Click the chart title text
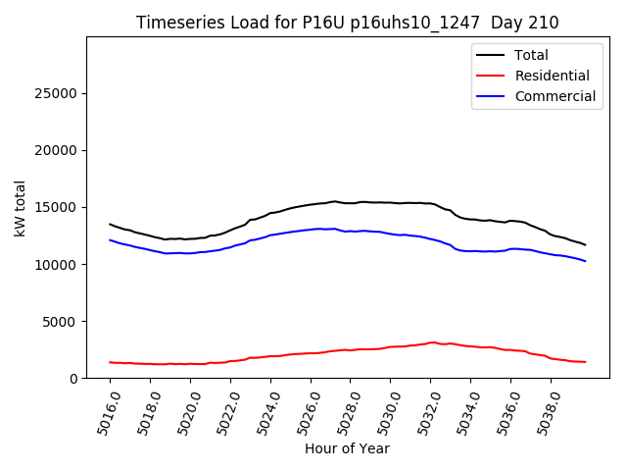coord(347,23)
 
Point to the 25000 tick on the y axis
coord(58,93)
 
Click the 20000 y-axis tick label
coord(58,150)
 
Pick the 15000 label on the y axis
coord(58,207)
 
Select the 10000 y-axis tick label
coord(58,265)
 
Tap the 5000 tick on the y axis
coord(62,322)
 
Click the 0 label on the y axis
coord(74,379)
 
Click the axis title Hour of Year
coord(347,448)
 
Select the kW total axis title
coord(20,207)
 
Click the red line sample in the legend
coord(489,76)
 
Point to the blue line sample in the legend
coord(489,96)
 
